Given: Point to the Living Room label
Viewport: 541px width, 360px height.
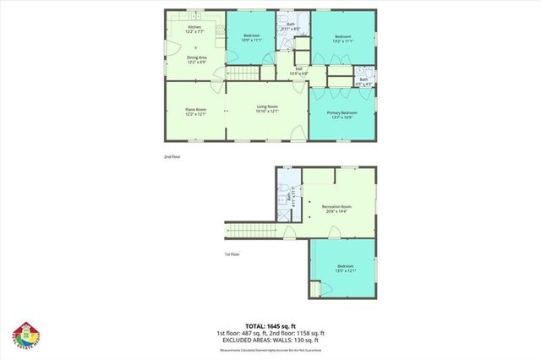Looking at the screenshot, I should point(268,109).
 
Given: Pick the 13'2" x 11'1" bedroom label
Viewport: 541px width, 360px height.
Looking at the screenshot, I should point(342,38).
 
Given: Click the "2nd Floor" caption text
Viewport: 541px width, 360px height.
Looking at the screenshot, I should point(172,156).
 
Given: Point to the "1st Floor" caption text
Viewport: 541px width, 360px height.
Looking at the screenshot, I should point(232,254).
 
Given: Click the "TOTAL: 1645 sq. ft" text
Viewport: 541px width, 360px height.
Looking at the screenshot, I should point(270,326).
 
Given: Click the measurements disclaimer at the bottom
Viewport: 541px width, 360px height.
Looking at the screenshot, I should point(270,349).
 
